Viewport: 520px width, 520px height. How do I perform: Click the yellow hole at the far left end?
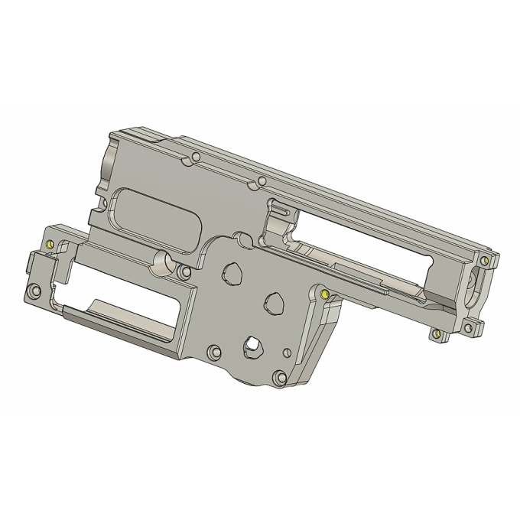tap(50, 245)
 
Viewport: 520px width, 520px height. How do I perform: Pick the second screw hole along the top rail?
tap(262, 180)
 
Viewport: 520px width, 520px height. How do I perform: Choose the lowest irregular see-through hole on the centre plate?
tap(251, 346)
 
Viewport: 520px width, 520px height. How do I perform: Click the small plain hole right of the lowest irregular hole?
tap(287, 353)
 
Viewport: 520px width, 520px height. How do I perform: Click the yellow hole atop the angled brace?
tap(324, 293)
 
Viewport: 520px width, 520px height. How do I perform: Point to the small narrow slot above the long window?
tap(280, 207)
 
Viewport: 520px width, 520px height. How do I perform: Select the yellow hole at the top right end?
tap(483, 260)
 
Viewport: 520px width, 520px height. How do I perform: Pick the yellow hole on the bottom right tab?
tap(436, 334)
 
